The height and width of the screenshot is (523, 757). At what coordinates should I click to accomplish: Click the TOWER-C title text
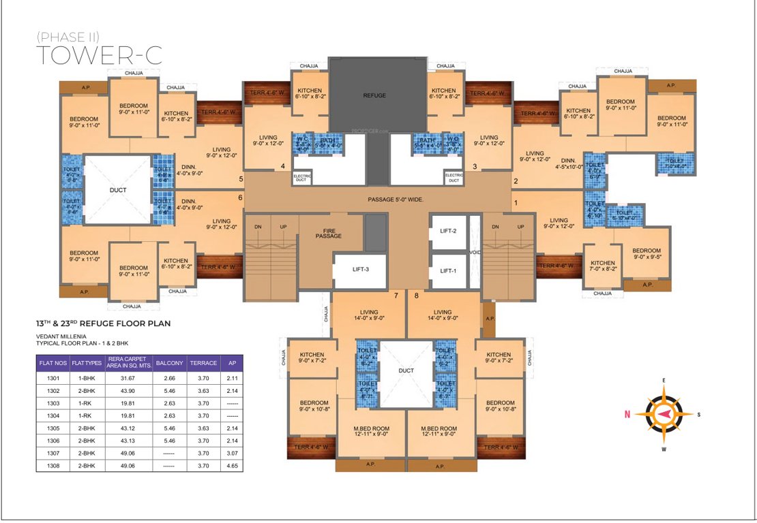98,54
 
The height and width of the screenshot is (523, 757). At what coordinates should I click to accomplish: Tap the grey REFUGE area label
374,96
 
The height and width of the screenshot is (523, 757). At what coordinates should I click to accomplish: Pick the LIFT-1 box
447,270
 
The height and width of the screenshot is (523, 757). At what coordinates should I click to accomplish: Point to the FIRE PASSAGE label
328,232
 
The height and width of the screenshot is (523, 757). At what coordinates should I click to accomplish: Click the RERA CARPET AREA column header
128,363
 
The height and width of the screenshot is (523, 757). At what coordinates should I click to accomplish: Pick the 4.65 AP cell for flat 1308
231,466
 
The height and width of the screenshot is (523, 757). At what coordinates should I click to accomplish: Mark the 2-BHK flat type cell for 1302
86,392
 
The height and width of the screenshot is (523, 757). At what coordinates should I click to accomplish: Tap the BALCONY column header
169,363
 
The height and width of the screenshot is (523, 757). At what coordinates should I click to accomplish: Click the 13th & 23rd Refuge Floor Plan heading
103,323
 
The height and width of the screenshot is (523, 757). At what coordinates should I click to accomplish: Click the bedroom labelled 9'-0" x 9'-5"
646,254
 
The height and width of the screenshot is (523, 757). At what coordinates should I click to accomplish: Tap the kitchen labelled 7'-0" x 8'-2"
603,266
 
